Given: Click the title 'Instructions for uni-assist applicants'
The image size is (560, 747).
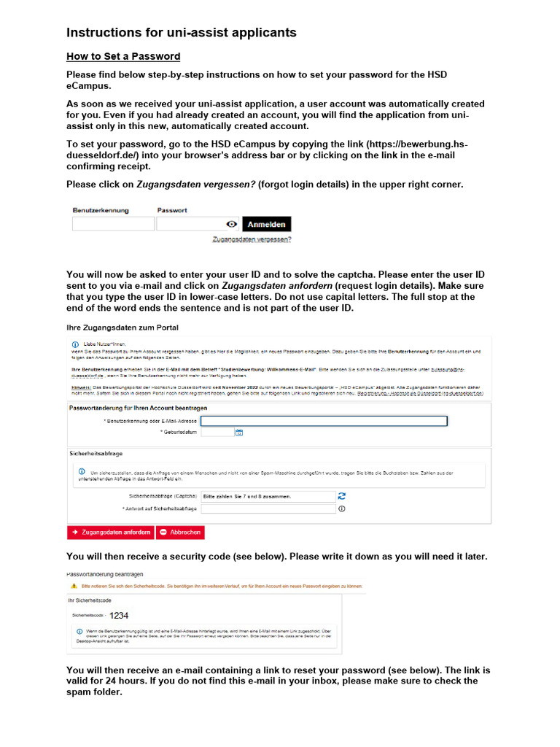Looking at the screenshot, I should pos(181,33).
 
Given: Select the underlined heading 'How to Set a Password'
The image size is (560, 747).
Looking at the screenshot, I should pos(123,56).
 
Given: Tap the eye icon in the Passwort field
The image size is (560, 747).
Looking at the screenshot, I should pos(231,225).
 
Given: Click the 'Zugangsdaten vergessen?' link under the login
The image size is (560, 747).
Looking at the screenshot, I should pos(252,239).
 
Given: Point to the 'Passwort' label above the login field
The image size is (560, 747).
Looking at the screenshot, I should pos(172,210).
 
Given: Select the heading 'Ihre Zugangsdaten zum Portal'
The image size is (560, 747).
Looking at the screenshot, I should pos(122,327).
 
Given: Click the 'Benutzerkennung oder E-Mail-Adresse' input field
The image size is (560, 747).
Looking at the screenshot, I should pos(324,421).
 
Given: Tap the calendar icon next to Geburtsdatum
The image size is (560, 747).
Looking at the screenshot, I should pos(238,433).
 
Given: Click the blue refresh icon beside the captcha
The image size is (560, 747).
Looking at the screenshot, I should pos(341,496).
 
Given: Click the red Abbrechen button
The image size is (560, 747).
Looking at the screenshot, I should pos(180,533).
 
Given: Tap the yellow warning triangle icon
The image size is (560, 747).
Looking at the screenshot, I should pos(73,586).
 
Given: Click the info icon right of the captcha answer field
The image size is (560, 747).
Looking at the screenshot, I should pos(341,509).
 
